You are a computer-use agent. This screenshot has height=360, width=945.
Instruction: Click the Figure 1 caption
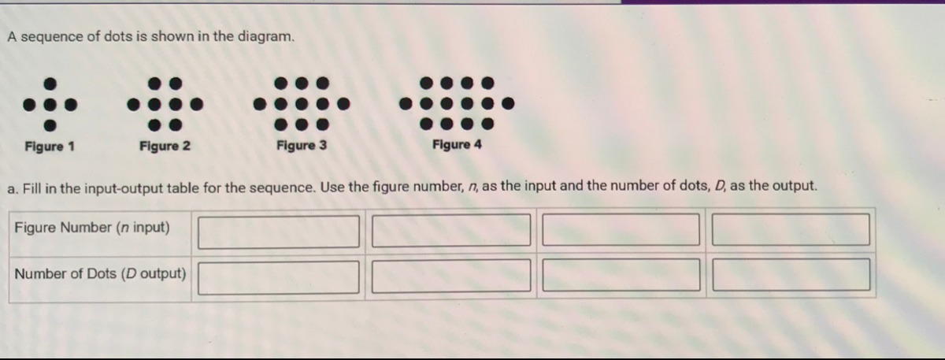(50, 147)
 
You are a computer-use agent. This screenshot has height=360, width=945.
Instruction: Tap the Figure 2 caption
(165, 146)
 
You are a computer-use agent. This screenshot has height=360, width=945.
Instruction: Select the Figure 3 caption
(302, 145)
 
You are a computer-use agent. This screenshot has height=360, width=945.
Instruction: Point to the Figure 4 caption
(457, 144)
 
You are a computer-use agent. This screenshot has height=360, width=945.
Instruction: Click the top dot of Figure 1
(50, 84)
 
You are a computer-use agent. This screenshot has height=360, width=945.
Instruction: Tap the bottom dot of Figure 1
(50, 125)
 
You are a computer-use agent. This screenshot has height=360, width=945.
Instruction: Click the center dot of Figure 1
(50, 104)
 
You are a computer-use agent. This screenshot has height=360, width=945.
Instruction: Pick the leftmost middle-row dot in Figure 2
(134, 104)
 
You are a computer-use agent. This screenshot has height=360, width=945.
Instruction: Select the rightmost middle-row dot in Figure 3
(344, 104)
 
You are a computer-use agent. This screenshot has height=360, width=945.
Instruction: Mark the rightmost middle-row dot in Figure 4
(509, 103)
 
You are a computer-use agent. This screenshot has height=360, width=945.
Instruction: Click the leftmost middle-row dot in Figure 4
(406, 103)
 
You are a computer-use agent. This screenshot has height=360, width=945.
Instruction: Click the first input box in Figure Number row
(279, 232)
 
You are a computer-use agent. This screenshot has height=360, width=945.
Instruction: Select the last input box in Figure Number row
(791, 229)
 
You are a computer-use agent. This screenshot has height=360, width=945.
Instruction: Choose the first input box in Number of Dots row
(279, 277)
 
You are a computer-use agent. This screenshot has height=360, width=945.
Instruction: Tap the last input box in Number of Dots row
(791, 275)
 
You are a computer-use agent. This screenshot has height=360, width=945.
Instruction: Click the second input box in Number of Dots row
(451, 276)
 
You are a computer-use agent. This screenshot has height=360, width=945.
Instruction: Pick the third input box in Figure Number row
(621, 229)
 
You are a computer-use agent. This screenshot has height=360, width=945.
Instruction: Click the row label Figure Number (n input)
(92, 228)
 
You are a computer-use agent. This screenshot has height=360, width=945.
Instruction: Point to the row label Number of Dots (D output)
(101, 274)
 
